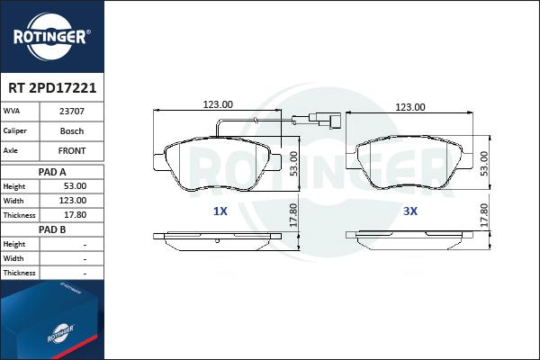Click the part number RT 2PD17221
52,88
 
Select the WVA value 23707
72,112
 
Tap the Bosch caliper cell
72,130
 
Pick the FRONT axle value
72,150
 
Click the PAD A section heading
52,172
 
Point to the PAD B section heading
52,229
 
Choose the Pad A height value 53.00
75,186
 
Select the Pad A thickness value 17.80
75,214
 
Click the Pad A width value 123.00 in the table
73,200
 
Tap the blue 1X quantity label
220,211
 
